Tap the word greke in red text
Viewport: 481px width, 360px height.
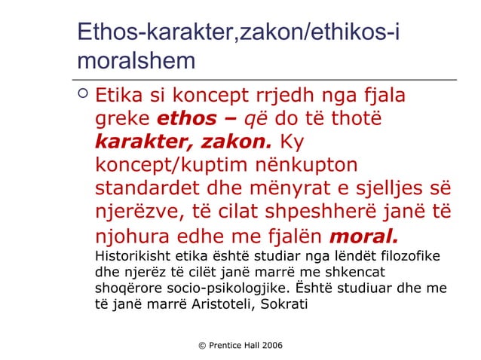tap(122, 119)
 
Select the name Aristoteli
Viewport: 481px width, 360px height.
tap(222, 305)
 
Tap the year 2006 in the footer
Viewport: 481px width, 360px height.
tap(270, 344)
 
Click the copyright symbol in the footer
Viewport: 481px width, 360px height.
tap(202, 344)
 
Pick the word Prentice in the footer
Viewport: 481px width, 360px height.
tap(225, 344)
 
